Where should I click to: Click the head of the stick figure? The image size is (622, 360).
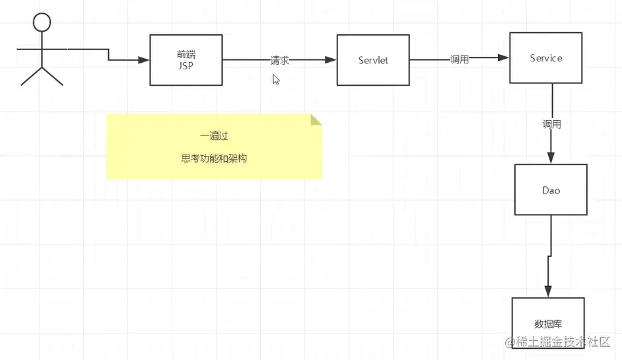42,23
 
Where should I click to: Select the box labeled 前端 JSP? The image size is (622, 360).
186,60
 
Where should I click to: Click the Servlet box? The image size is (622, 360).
372,60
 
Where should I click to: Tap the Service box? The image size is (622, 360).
545,58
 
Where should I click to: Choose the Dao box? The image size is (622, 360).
551,190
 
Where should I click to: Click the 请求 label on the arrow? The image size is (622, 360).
280,60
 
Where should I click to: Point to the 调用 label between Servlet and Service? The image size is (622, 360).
460,59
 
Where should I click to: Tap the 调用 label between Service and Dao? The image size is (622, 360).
552,124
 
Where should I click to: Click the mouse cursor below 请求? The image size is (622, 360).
276,79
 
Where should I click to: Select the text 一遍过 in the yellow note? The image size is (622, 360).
214,135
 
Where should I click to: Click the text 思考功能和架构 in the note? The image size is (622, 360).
214,159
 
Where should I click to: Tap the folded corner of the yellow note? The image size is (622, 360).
316,120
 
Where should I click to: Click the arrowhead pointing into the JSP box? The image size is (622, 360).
145,61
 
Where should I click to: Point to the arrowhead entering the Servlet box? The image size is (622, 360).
331,60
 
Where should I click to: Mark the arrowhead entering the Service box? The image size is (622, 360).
504,57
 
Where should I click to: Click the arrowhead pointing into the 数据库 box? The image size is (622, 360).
547,292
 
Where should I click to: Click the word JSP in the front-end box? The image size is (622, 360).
186,66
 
